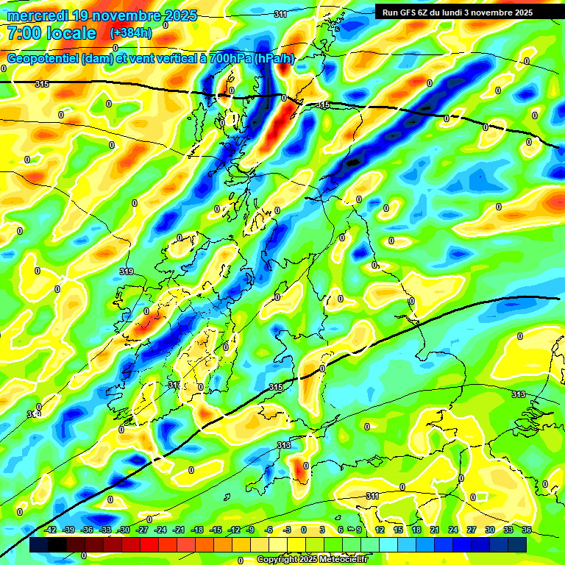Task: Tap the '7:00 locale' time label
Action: (51, 33)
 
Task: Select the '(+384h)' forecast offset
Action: (131, 33)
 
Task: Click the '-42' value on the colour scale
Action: (50, 530)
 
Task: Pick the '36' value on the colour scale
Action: (526, 530)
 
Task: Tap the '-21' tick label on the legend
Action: (179, 530)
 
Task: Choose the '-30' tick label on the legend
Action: (124, 530)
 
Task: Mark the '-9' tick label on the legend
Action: (251, 530)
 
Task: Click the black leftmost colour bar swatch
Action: (39, 544)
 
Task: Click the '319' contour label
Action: (126, 271)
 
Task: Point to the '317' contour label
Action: (174, 385)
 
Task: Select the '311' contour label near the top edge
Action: (280, 15)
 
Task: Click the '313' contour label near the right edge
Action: (519, 395)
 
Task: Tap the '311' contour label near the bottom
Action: (373, 496)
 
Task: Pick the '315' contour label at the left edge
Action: (42, 85)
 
